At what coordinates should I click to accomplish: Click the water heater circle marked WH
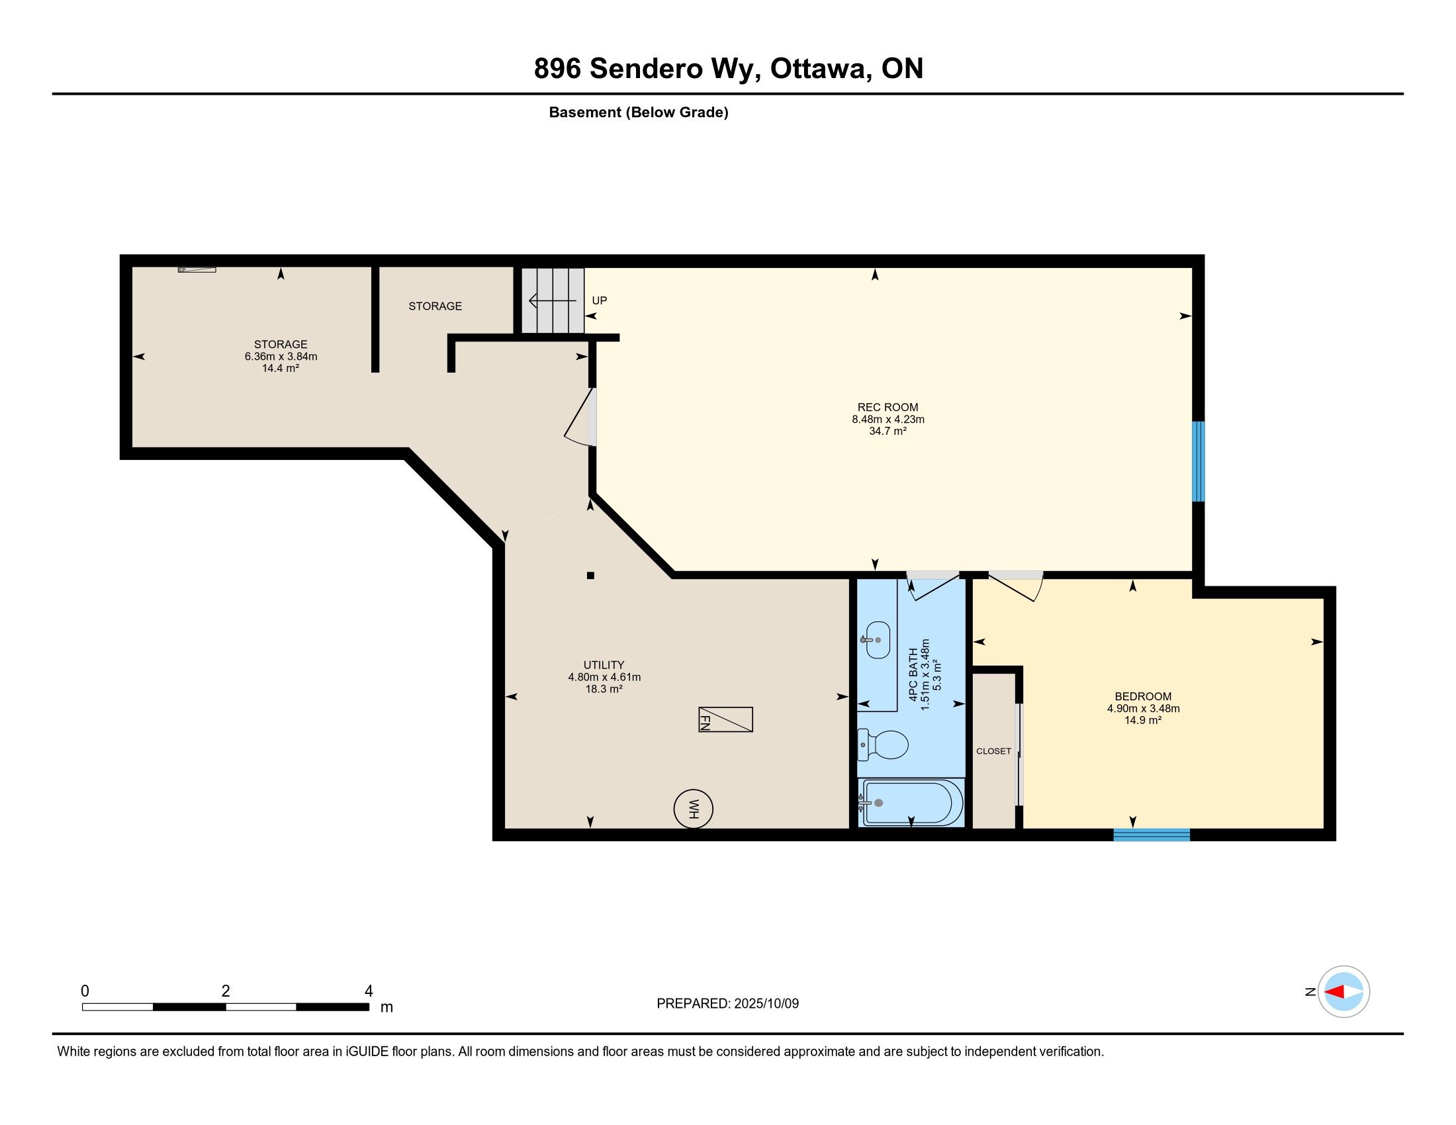coord(694,809)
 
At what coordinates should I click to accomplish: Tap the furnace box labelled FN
coord(725,719)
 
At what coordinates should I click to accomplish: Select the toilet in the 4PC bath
coord(883,744)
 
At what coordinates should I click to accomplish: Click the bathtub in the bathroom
coord(911,803)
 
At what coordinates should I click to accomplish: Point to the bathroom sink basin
coord(877,640)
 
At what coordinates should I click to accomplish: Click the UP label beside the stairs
coord(600,300)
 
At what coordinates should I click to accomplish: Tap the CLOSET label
coord(993,751)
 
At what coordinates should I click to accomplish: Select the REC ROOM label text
coord(887,407)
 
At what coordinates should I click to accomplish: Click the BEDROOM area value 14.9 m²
coord(1144,721)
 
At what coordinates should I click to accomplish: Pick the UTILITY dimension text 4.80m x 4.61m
coord(604,677)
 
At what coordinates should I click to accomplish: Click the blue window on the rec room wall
coord(1198,461)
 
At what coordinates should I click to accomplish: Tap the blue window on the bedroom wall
coord(1152,834)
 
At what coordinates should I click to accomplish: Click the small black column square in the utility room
coord(590,575)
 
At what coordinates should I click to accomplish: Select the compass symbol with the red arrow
coord(1343,991)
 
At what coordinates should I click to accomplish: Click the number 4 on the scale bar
coord(369,991)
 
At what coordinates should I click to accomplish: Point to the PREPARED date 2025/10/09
coord(766,1003)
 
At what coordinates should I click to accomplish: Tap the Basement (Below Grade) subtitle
coord(639,112)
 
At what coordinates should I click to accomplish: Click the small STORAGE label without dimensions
coord(435,306)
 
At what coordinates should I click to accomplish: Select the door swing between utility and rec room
coord(578,418)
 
